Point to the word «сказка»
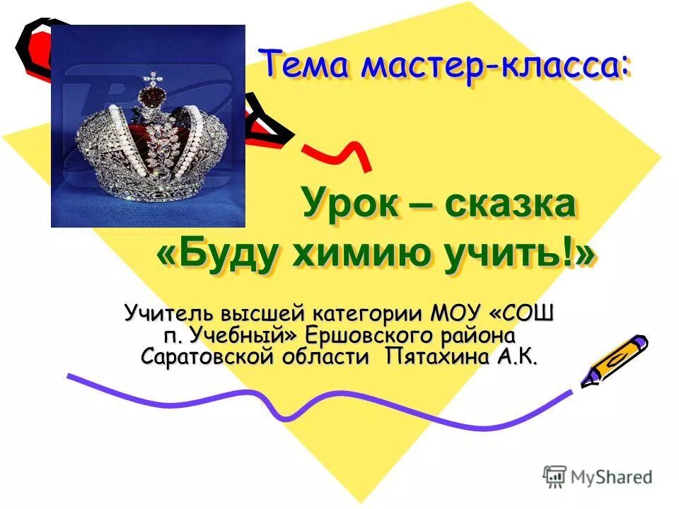point(509,205)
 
